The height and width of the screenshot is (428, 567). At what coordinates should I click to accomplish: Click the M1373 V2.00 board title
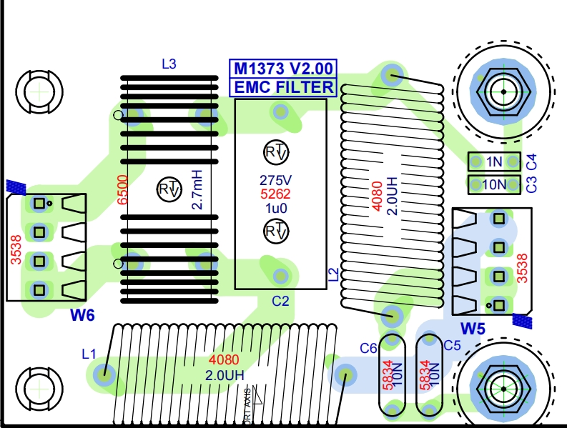(x=282, y=69)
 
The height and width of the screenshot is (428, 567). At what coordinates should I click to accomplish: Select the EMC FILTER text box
(x=282, y=87)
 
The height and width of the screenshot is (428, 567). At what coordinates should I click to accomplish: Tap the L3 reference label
(x=169, y=64)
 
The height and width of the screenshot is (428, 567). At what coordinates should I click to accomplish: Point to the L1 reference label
(x=89, y=353)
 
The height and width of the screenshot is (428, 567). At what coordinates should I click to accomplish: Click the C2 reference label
(x=280, y=302)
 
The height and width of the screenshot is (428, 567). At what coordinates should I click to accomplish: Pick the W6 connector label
(x=82, y=315)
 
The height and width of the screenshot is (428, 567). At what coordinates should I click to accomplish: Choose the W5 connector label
(x=473, y=329)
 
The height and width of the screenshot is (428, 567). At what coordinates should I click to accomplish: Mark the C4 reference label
(x=531, y=162)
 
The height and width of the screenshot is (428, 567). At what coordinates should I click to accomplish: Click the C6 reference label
(x=368, y=348)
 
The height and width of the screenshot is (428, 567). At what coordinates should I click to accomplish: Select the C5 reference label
(x=452, y=346)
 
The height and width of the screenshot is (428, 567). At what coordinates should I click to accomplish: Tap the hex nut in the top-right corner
(x=504, y=92)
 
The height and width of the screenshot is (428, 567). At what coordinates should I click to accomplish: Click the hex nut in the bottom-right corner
(x=503, y=388)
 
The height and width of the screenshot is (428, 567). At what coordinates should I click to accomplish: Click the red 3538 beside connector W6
(x=16, y=247)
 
